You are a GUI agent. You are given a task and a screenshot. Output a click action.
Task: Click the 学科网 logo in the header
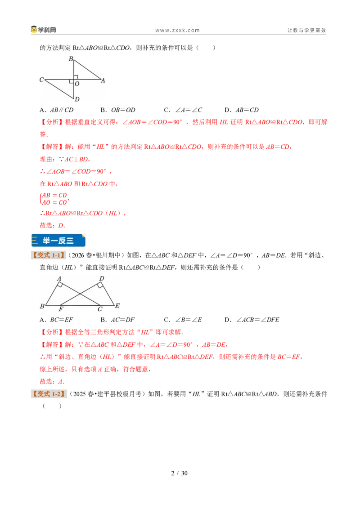pos(44,30)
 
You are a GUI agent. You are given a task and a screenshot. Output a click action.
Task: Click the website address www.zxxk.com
pos(177,31)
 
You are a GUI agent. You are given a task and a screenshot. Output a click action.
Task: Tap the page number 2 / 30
pos(180,473)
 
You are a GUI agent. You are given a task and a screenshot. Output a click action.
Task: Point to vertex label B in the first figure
pos(71,59)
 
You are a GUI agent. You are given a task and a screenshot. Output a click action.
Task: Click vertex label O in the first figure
pos(77,84)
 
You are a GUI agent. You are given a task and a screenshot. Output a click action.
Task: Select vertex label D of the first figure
pos(77,99)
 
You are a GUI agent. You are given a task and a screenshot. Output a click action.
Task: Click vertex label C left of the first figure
pos(41,80)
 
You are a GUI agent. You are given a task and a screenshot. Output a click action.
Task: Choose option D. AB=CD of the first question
pos(241,110)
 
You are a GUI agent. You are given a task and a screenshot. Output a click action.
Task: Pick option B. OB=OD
pos(118,110)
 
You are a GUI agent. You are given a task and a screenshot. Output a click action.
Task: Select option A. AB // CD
pos(57,110)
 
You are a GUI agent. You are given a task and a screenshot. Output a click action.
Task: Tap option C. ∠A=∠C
pos(183,110)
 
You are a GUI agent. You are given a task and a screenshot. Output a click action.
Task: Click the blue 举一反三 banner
pos(58,241)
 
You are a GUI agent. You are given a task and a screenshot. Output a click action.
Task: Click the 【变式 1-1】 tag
pos(49,255)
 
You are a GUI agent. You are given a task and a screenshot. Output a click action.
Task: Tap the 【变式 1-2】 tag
pos(49,394)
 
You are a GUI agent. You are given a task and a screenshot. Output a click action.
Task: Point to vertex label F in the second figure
pos(61,309)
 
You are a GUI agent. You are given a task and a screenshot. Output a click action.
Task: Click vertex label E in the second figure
pos(117,305)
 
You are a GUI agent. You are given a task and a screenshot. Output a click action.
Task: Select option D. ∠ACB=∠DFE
pos(252,320)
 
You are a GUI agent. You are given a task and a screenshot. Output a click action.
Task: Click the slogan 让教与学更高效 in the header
pos(306,30)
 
